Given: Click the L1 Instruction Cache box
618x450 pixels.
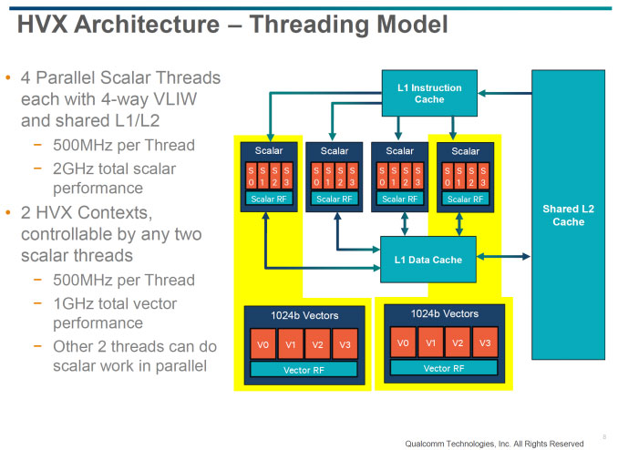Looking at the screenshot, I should (429, 93).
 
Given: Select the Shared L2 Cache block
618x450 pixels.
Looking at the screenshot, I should (568, 215).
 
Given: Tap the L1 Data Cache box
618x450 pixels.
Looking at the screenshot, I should (428, 260).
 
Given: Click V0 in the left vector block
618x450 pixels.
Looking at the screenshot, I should (263, 344).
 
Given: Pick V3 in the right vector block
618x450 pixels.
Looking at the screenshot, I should (485, 343).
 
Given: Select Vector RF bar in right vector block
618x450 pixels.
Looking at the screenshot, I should (443, 368).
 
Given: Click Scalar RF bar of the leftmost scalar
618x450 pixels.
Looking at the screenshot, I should (269, 199).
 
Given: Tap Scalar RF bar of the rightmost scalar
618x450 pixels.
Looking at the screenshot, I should (465, 199).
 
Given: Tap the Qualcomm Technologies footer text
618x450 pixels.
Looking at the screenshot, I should (493, 442).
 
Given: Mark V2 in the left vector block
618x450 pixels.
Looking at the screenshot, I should (318, 344).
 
